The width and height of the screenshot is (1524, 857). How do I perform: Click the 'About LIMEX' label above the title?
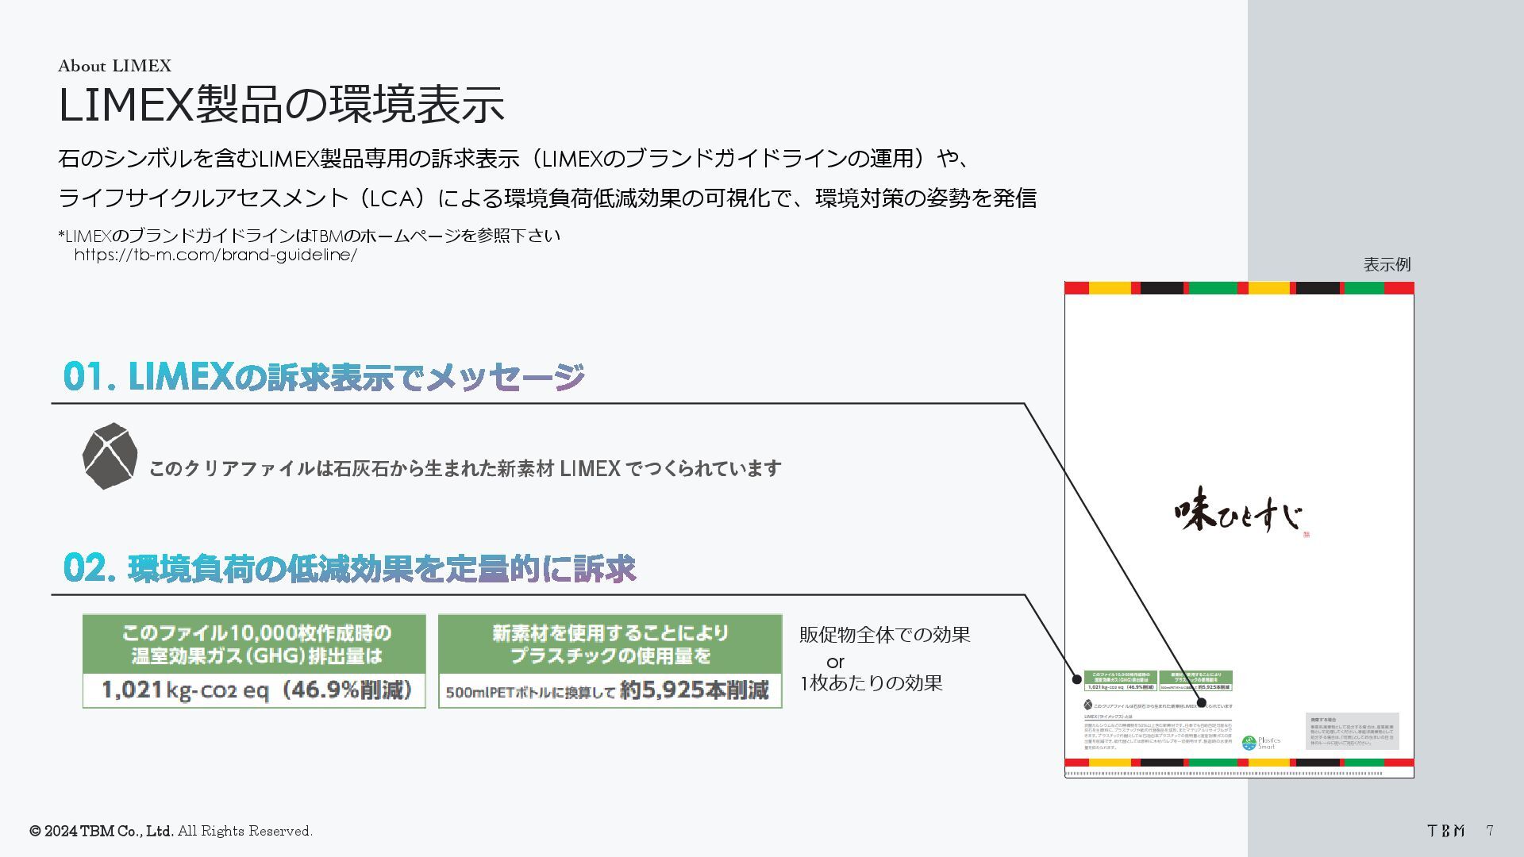[x=114, y=66]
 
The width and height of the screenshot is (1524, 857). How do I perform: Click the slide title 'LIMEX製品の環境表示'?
[x=281, y=105]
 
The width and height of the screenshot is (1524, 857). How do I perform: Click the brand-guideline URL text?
[x=215, y=255]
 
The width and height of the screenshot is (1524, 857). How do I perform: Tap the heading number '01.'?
[x=90, y=377]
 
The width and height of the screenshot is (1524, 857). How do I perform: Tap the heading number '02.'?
[x=90, y=568]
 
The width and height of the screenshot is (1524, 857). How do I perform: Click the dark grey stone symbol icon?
[x=110, y=455]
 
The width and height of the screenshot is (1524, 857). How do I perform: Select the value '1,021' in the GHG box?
[x=132, y=690]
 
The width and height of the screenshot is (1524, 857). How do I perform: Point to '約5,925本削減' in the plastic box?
[x=694, y=690]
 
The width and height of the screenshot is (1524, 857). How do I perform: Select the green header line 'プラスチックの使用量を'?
[x=610, y=656]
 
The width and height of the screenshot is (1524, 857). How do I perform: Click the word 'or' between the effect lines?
[x=835, y=661]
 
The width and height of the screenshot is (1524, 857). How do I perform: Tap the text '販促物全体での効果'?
[x=884, y=635]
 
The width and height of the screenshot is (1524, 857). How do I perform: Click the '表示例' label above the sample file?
[x=1387, y=265]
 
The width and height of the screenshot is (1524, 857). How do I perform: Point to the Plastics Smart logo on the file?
[x=1260, y=743]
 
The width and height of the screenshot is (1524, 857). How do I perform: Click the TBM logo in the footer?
[x=1445, y=831]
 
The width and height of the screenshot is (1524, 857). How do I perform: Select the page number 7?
[x=1490, y=831]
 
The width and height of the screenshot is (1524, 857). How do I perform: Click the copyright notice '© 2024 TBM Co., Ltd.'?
[x=102, y=831]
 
